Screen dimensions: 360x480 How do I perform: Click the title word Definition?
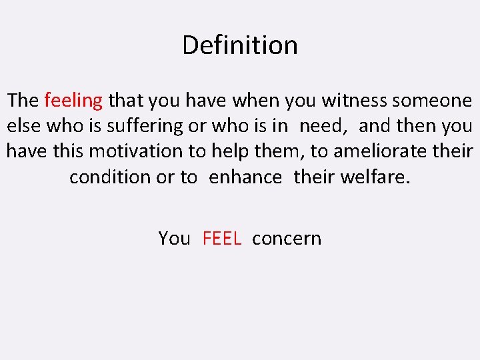[240, 46]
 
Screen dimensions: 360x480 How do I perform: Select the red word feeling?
[73, 101]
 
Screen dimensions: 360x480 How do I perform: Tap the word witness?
[355, 101]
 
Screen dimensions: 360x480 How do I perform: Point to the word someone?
[433, 101]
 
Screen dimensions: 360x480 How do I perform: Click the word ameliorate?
[378, 151]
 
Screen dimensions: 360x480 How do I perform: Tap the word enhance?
[245, 177]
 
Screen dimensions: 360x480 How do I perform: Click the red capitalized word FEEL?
[221, 239]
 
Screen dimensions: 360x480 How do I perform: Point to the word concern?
[287, 239]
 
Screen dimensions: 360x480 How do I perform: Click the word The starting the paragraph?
[23, 101]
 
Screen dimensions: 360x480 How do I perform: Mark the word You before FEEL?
[174, 239]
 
